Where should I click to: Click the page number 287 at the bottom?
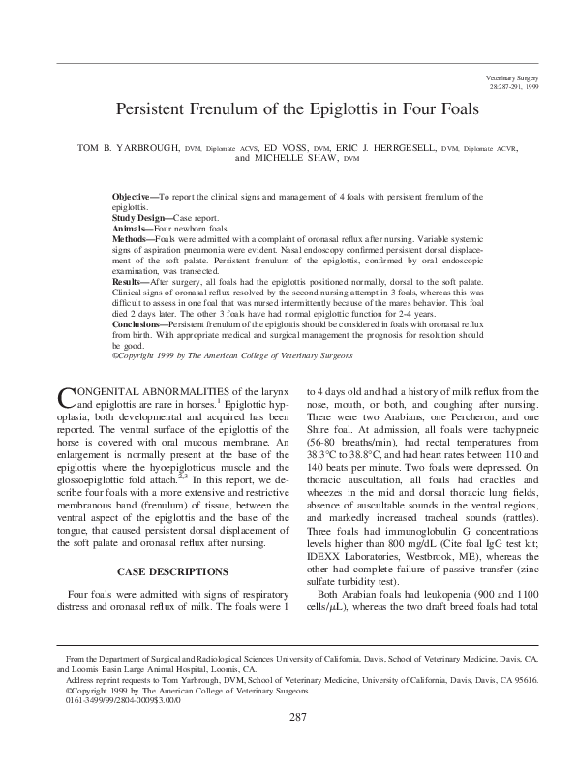coord(297,743)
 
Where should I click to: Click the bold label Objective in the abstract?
coord(134,197)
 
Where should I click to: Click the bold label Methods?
coord(132,238)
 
